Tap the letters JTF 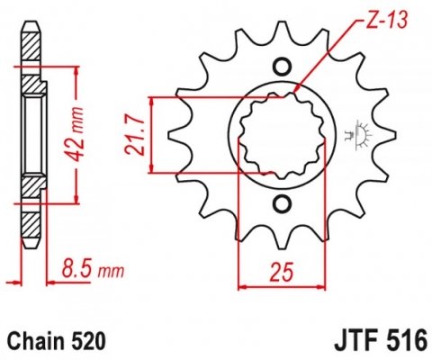[352, 342]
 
